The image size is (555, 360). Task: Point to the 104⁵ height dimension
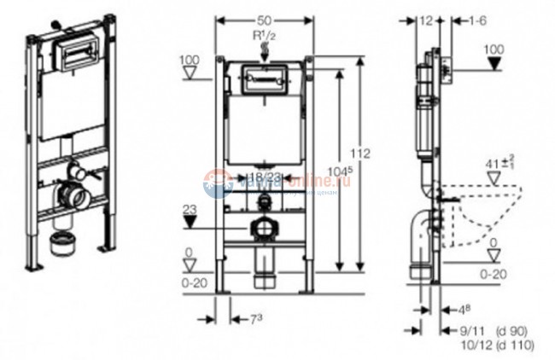[x=347, y=173]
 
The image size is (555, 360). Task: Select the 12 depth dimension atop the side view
[x=427, y=19]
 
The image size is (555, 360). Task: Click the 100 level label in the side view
[x=494, y=50]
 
